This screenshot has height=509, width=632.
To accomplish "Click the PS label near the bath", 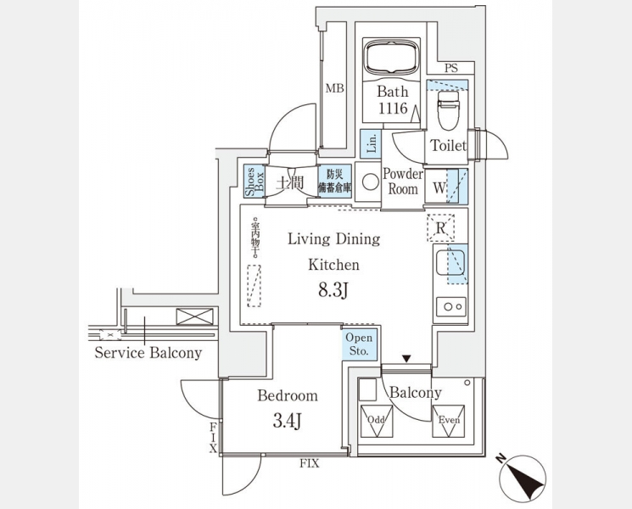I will [451, 68].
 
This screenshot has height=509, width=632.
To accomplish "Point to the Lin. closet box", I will [371, 144].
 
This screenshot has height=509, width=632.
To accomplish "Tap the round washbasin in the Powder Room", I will [370, 180].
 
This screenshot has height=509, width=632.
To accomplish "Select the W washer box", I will [440, 186].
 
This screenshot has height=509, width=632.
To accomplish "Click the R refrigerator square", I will [440, 227].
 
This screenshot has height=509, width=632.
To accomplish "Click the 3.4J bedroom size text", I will [287, 420].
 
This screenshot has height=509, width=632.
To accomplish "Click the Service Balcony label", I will [148, 352].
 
